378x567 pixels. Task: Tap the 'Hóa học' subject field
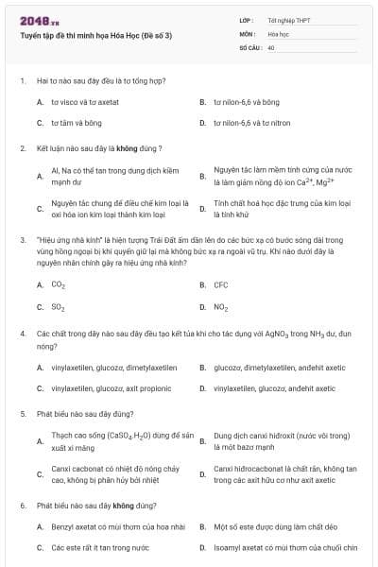(x=278, y=32)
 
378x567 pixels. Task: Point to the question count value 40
(x=271, y=46)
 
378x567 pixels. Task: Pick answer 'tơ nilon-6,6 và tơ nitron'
(x=252, y=123)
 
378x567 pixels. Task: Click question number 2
(x=22, y=148)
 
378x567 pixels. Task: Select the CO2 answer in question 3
(x=58, y=284)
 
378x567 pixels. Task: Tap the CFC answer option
(x=220, y=284)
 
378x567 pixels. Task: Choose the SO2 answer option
(x=58, y=307)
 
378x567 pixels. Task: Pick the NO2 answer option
(x=220, y=307)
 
